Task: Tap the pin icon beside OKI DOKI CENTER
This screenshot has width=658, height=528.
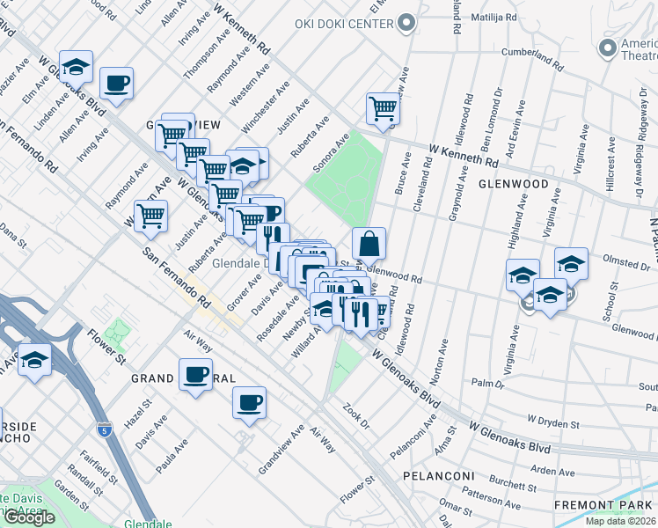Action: [x=406, y=23]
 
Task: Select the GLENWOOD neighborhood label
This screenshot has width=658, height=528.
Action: [x=514, y=185]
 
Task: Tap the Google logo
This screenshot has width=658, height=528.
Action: [x=28, y=517]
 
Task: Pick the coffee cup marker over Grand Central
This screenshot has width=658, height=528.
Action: [x=195, y=373]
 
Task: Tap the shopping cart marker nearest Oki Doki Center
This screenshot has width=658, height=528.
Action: [x=384, y=108]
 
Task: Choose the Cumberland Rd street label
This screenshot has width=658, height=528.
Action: [x=531, y=58]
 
